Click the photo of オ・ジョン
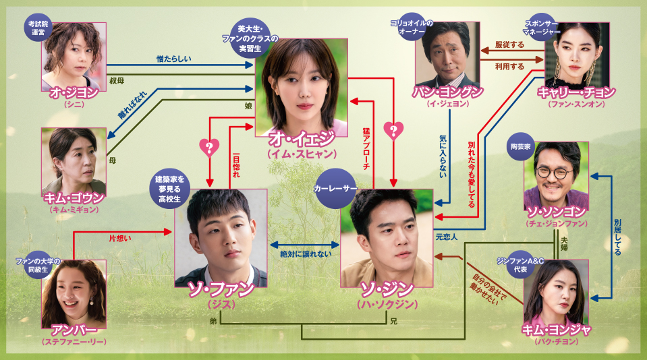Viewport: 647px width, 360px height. tap(74, 55)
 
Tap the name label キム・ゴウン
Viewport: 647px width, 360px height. tap(74, 198)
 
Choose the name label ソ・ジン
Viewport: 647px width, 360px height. tap(386, 290)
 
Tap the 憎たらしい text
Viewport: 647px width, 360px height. tap(173, 59)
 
